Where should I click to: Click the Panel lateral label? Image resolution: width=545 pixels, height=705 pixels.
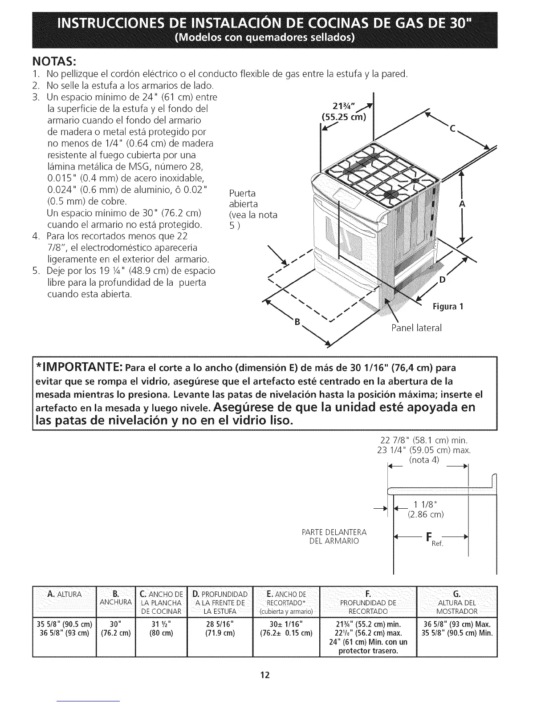[x=416, y=328]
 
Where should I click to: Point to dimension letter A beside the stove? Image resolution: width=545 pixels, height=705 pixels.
[x=462, y=204]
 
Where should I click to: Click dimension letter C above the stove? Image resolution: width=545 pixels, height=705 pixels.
[x=452, y=130]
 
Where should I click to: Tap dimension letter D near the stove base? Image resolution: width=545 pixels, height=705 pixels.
[x=442, y=280]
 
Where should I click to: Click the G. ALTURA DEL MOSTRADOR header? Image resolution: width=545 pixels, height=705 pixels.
[x=456, y=602]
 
